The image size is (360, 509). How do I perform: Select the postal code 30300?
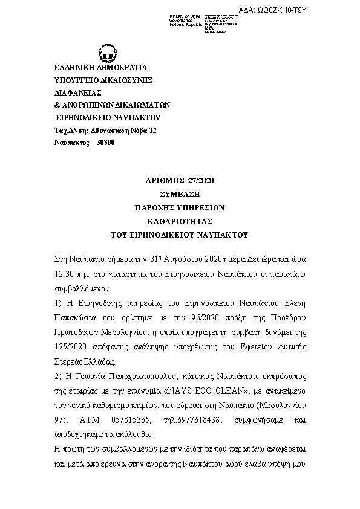[x=105, y=142]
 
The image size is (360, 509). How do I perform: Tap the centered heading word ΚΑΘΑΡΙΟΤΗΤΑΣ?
[x=180, y=221]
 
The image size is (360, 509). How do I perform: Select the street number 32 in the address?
[x=152, y=129]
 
